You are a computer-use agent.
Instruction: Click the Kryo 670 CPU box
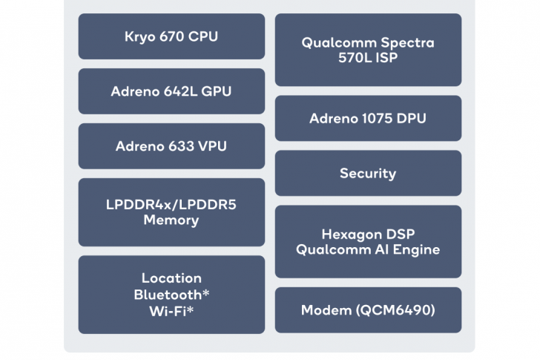point(171,36)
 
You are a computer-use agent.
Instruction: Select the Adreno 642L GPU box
point(171,91)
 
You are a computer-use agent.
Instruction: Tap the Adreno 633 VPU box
point(171,146)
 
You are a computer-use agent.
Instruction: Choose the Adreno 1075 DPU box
point(368,118)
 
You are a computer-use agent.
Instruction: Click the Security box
point(368,174)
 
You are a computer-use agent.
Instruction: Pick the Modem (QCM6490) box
point(368,310)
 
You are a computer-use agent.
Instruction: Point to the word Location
point(171,278)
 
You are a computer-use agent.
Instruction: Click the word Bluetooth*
point(171,294)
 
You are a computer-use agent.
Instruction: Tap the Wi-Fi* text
point(171,310)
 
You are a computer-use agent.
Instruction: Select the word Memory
point(171,220)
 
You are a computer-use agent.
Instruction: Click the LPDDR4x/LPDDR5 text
point(171,205)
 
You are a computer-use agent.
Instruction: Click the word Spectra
point(406,42)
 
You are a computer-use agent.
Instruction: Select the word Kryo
point(140,36)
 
